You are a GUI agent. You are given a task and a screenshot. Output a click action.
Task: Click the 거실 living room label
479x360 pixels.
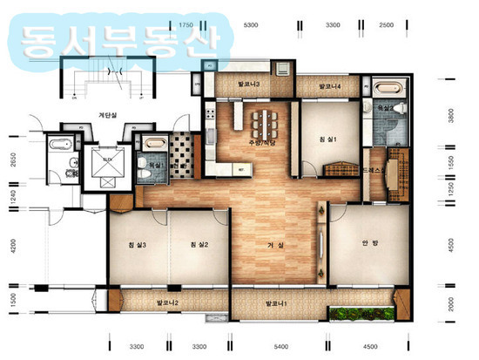[276, 246]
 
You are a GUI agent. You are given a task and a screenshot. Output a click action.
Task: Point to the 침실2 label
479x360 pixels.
[199, 246]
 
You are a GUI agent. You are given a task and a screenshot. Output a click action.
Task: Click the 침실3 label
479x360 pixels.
[137, 246]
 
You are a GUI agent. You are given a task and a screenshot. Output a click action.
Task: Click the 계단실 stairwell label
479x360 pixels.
[109, 113]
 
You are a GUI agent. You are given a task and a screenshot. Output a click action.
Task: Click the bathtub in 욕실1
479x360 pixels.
[154, 141]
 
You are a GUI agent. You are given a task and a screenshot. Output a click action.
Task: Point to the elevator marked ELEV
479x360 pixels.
[104, 164]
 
